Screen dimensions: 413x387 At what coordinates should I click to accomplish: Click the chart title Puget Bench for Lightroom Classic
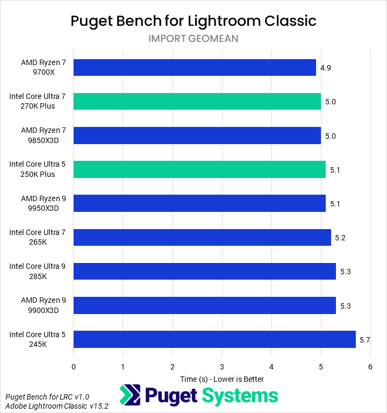[193, 21]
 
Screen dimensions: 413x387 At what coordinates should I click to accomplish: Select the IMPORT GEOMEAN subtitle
[193, 38]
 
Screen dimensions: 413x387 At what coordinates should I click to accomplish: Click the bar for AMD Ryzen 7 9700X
[195, 67]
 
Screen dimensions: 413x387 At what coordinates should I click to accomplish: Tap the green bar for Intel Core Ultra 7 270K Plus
[197, 101]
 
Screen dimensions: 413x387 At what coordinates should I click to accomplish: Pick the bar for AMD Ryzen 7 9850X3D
[197, 136]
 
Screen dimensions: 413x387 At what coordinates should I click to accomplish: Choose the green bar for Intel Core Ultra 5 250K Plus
[199, 169]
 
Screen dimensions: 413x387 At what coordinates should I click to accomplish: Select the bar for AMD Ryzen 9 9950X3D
[199, 203]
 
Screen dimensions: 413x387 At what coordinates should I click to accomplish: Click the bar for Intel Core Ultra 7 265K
[202, 237]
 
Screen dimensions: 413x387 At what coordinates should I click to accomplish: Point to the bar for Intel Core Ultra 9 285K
[205, 271]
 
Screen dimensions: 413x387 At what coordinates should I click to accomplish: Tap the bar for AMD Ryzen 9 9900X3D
[205, 305]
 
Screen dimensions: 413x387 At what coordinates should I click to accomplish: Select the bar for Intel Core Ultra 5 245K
[214, 339]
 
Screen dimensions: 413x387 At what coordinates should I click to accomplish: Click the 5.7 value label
[365, 340]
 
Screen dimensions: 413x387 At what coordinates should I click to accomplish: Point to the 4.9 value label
[325, 68]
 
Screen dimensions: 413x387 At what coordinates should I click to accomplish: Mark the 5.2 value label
[340, 238]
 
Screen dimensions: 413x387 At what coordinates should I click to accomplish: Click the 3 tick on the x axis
[222, 367]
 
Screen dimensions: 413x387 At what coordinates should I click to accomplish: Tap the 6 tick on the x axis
[370, 367]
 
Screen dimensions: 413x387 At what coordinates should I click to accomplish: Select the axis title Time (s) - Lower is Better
[222, 379]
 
